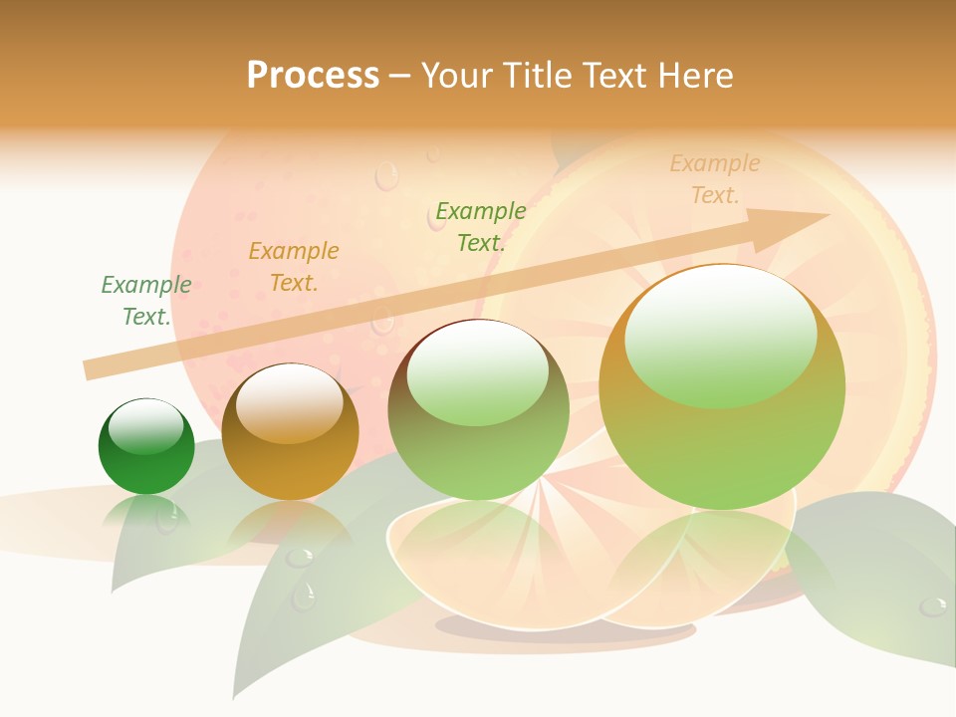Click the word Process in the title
click(313, 76)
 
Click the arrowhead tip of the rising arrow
click(827, 215)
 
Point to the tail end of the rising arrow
click(88, 369)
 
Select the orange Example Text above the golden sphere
click(293, 267)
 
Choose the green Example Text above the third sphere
click(481, 226)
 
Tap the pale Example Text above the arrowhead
click(715, 179)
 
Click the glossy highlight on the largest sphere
click(720, 334)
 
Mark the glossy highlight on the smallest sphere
click(146, 426)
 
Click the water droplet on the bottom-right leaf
click(933, 605)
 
